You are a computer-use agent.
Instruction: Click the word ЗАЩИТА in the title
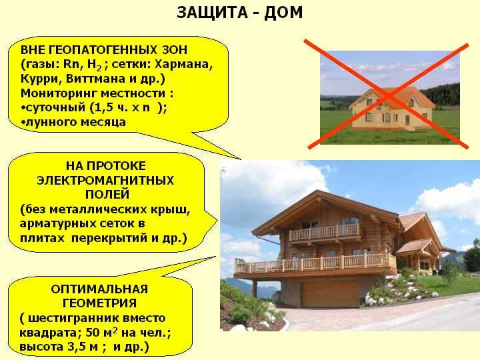click(x=212, y=13)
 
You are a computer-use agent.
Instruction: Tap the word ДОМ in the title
click(x=283, y=13)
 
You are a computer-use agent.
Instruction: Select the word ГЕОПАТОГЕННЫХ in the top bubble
click(x=101, y=49)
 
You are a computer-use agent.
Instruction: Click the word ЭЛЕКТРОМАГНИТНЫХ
click(x=105, y=180)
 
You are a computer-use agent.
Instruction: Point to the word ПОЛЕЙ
click(x=107, y=195)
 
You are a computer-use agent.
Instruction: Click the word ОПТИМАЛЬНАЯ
click(x=99, y=289)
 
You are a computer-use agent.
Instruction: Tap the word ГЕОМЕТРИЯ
click(x=99, y=303)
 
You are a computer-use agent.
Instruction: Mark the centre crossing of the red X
click(x=388, y=96)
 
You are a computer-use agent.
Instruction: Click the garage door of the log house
click(x=330, y=294)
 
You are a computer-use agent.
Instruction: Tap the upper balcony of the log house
click(x=325, y=232)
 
